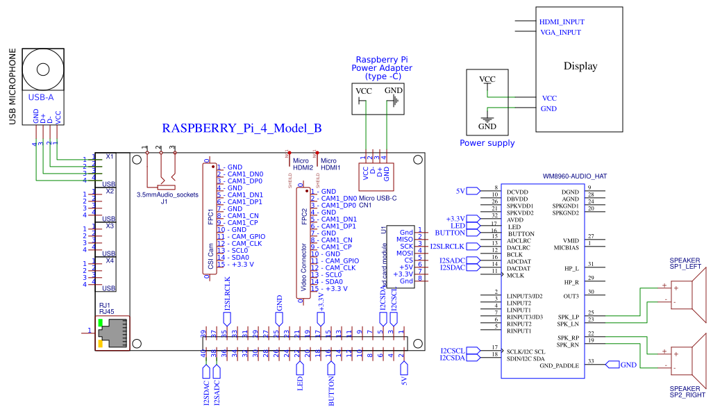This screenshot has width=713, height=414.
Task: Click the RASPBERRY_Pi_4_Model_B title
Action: [x=241, y=129]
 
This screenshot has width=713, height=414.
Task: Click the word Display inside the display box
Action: [x=580, y=67]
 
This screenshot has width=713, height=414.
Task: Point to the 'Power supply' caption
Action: [x=487, y=143]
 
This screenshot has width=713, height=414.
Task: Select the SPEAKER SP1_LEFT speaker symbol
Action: [x=691, y=292]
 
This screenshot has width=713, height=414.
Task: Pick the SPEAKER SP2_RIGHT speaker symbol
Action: [x=691, y=358]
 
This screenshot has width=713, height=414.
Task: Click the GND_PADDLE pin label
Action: [x=559, y=365]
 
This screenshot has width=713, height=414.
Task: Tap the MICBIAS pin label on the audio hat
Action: [x=567, y=247]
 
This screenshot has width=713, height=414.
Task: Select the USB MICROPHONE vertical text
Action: [x=12, y=87]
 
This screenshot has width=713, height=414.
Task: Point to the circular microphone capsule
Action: [x=44, y=69]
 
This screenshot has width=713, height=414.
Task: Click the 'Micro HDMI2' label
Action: [x=301, y=164]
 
